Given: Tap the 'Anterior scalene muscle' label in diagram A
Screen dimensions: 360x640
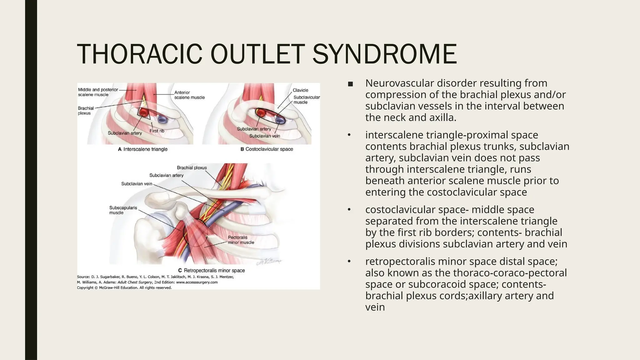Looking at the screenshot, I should (189, 95).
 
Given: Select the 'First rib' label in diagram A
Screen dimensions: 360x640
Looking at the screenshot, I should (157, 131).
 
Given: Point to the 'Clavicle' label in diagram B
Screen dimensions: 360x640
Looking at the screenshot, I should (300, 90).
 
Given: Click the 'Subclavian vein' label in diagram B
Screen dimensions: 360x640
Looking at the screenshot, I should (264, 136).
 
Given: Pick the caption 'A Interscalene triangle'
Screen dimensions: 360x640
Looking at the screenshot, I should (143, 149).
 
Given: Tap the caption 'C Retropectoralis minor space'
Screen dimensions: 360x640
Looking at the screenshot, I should (212, 271).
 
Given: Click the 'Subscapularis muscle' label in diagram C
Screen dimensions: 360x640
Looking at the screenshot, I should (123, 210).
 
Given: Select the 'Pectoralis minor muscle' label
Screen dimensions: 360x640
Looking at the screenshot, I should (241, 240).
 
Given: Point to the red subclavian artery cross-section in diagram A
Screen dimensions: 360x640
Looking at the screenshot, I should (144, 112).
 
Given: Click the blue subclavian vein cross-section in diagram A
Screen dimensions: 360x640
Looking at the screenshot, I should (162, 119).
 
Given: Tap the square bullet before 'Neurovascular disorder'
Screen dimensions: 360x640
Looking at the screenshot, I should (350, 84).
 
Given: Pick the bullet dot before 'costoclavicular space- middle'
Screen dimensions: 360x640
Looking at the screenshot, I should (349, 210).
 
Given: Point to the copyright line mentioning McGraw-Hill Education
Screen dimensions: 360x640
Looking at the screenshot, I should (124, 288).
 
